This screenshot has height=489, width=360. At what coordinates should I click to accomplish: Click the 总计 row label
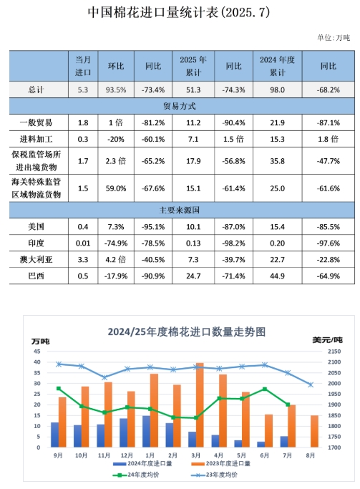coord(37,89)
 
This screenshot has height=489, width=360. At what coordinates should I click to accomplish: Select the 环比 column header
coord(116,66)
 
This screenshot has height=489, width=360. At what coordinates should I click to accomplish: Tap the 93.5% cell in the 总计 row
coord(116,89)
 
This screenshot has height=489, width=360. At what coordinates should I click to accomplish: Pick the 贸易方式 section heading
coord(180,106)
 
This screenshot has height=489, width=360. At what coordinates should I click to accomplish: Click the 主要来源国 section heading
coord(179,210)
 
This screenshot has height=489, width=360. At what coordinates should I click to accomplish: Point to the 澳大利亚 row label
coord(37,259)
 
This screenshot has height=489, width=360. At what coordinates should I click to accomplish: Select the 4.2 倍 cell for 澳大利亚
coord(116,259)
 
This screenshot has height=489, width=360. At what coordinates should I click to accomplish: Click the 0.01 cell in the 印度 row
coord(83,243)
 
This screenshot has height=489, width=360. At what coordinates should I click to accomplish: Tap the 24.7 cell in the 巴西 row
coord(193,276)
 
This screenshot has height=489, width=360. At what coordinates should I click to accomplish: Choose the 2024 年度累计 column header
coord(278,66)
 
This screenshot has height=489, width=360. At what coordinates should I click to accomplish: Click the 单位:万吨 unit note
coord(334,38)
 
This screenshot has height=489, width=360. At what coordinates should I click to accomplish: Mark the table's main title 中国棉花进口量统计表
coord(153,12)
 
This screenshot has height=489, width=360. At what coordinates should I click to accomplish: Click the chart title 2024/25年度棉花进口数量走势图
coord(187,331)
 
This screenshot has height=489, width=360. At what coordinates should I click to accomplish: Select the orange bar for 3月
coord(200,405)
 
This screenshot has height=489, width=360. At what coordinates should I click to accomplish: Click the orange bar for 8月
coord(314,431)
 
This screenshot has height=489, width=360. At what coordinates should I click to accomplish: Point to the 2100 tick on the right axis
coord(334,362)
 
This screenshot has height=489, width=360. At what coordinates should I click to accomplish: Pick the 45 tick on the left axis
coord(37,352)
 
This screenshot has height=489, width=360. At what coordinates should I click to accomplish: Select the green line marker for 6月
coord(265,389)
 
